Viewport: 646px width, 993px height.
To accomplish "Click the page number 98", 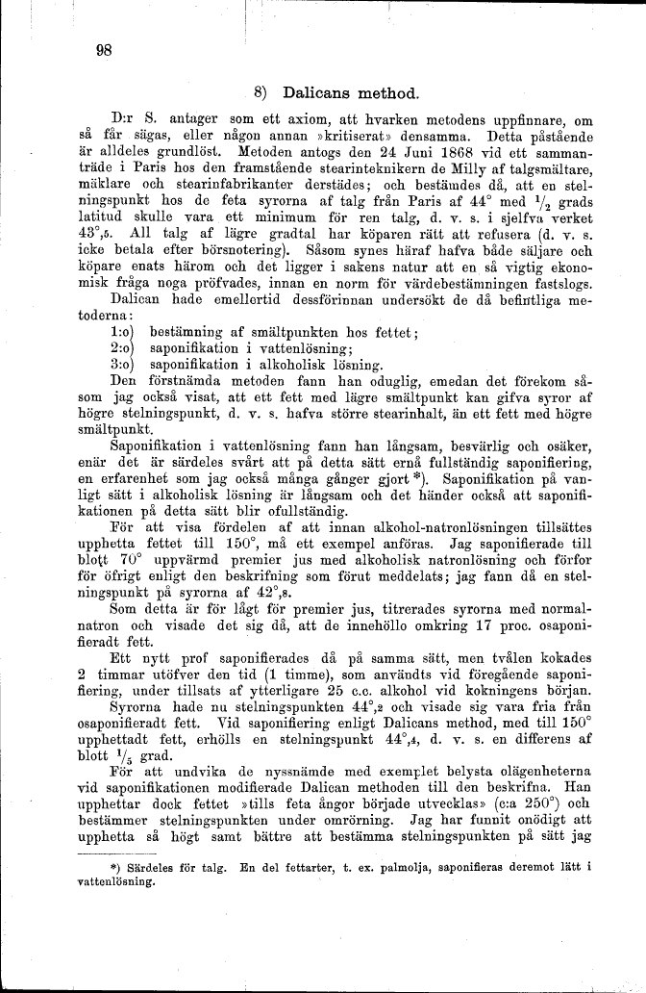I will (106, 52).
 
